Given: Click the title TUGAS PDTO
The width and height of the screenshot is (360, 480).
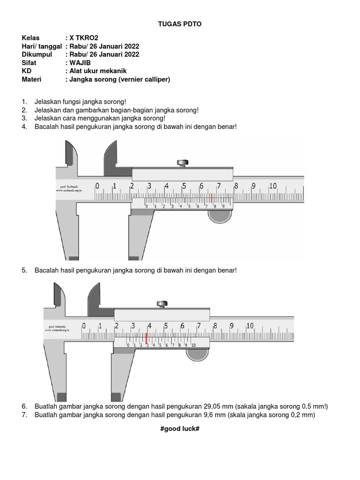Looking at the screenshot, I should coord(180,24).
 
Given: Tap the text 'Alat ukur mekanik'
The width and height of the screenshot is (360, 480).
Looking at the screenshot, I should coord(98,71).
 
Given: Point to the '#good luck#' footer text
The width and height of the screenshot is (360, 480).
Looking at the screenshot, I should coord(180,429).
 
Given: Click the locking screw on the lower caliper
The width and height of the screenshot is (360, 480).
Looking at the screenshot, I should coord(164,304).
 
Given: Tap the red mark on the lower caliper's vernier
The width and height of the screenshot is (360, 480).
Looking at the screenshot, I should coord(147,338).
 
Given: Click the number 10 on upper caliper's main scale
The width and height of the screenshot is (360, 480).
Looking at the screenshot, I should coord(272,186).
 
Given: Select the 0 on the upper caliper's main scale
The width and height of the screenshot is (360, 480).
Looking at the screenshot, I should coord(97,186).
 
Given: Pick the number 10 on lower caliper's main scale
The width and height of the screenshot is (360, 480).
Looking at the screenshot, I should coord(249,326).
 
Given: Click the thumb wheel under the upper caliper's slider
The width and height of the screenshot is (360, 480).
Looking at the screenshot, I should coord(220,216).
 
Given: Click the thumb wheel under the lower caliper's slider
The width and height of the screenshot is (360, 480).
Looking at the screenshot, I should coord(197,355).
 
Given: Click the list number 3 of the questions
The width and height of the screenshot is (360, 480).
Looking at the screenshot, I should coord(24,118).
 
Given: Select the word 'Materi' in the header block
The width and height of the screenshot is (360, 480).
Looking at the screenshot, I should coord(31,80).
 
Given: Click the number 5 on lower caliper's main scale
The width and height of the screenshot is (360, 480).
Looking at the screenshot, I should coord(165,326).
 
